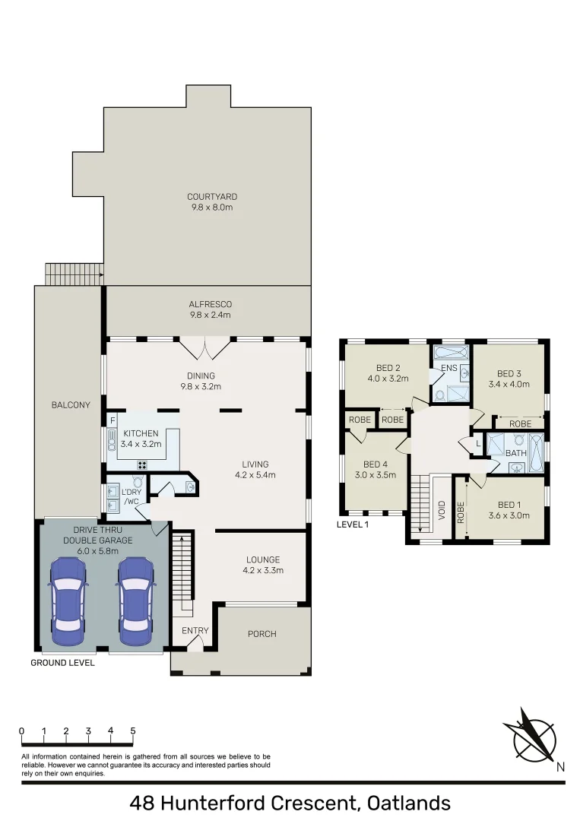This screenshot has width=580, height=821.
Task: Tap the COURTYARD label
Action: [212, 197]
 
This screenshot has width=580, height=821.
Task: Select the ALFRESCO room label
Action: [210, 304]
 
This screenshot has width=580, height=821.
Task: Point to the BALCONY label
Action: [71, 405]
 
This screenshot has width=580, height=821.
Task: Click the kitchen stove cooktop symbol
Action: [141, 464]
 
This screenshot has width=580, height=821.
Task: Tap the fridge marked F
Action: [113, 420]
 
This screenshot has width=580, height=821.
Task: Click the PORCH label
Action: [262, 634]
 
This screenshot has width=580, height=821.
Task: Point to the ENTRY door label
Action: [195, 631]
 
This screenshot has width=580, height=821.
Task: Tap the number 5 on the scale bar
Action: [133, 731]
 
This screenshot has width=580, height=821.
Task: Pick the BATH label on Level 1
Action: [516, 454]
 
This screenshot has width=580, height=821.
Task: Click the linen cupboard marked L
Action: [477, 442]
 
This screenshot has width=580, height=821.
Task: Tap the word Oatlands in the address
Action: [408, 803]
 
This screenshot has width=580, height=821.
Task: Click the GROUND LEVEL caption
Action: [62, 663]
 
